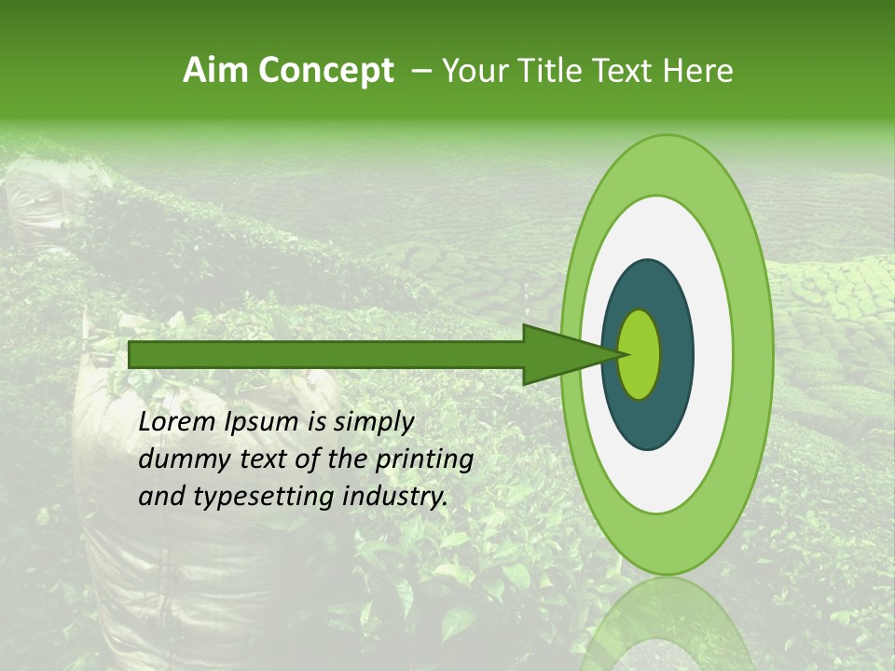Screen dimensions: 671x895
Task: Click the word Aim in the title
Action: pos(217,71)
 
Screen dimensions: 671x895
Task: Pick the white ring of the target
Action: pos(713,354)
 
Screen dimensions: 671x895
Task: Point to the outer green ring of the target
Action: pos(755,354)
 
